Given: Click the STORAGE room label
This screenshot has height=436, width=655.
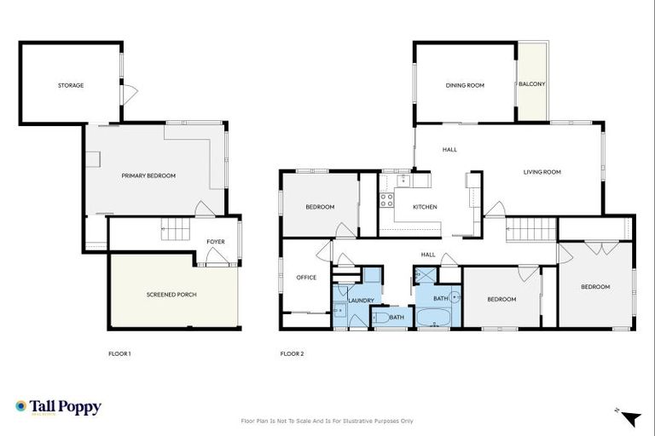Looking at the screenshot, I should [71, 85].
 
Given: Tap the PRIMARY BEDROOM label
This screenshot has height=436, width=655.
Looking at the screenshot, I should [148, 175].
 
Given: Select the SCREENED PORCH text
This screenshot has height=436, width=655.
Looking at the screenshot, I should [172, 295].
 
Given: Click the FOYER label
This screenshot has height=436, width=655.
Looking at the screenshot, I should [216, 242].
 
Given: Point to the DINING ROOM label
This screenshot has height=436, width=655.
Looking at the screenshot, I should [465, 85].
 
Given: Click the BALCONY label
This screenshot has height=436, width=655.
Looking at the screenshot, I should [532, 84].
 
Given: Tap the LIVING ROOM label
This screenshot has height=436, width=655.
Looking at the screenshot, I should [542, 172].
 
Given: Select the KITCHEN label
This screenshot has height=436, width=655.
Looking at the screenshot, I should [425, 207].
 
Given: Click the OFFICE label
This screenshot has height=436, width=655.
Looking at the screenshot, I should [306, 278].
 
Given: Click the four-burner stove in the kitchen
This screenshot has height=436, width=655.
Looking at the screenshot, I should [386, 201].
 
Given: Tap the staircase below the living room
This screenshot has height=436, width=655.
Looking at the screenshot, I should [527, 229].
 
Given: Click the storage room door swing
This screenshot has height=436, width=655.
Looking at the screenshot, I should [128, 95].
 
